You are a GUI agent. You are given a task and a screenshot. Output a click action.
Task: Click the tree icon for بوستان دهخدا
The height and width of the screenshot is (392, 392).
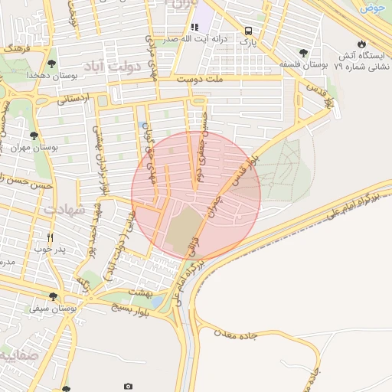(x=51, y=64)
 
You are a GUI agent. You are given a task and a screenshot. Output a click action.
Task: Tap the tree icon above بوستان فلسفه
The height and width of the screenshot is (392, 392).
(x=305, y=53)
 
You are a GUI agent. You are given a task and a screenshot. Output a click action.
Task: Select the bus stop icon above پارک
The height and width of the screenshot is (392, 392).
(x=248, y=31)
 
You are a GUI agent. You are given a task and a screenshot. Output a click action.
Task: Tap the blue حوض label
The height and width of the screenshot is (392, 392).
(x=374, y=7)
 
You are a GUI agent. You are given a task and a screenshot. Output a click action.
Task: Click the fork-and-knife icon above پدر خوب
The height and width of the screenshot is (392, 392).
(x=51, y=237)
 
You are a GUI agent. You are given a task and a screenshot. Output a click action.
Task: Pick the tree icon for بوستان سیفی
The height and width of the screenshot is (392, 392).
(x=52, y=296)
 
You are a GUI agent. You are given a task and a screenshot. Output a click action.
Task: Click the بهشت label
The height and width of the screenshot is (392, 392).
(x=140, y=294)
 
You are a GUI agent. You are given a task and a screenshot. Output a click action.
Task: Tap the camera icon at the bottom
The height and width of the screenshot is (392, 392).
(x=128, y=387)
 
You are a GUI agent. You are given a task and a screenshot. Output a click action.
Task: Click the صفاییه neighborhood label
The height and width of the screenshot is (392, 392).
(x=17, y=356)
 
